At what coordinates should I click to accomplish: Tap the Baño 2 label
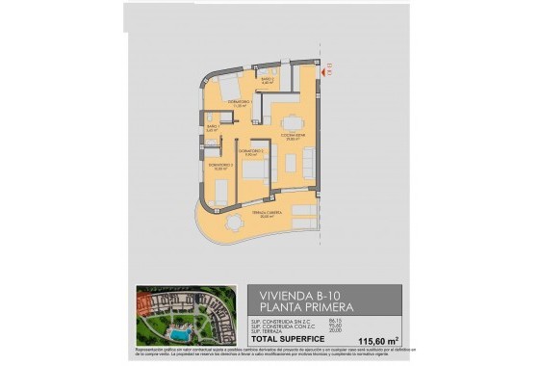(x=267, y=80)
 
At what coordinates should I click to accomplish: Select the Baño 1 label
(x=212, y=127)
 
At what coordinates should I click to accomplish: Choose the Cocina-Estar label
(x=294, y=137)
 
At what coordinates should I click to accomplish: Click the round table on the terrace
(x=234, y=222)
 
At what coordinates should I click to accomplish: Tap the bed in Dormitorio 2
(x=256, y=171)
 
